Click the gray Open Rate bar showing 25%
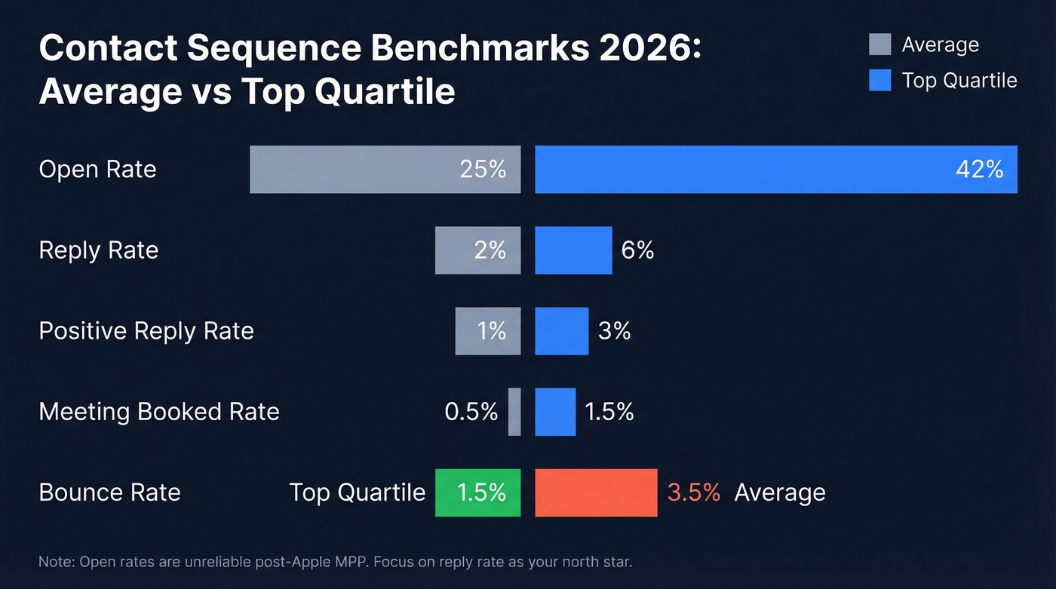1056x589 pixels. [x=385, y=170]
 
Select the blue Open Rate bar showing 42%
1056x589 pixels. [x=775, y=170]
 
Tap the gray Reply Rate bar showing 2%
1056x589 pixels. [x=477, y=250]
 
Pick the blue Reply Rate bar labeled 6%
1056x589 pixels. [x=573, y=250]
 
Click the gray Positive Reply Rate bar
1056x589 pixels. [x=487, y=331]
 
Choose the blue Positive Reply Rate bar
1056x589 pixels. [x=561, y=331]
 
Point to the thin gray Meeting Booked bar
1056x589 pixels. [x=514, y=412]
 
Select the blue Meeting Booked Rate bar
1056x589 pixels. [x=555, y=412]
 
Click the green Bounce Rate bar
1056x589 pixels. [x=477, y=492]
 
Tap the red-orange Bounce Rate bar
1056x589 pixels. [x=596, y=492]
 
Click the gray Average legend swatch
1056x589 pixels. [x=879, y=44]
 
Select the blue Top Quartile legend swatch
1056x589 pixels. [x=879, y=80]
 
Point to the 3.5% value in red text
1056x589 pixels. [x=693, y=492]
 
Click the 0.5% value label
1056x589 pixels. [x=471, y=412]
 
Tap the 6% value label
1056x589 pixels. [x=637, y=250]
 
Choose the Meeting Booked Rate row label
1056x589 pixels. [x=159, y=412]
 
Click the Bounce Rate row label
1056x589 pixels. [x=109, y=492]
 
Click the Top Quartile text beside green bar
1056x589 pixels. [x=358, y=492]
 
